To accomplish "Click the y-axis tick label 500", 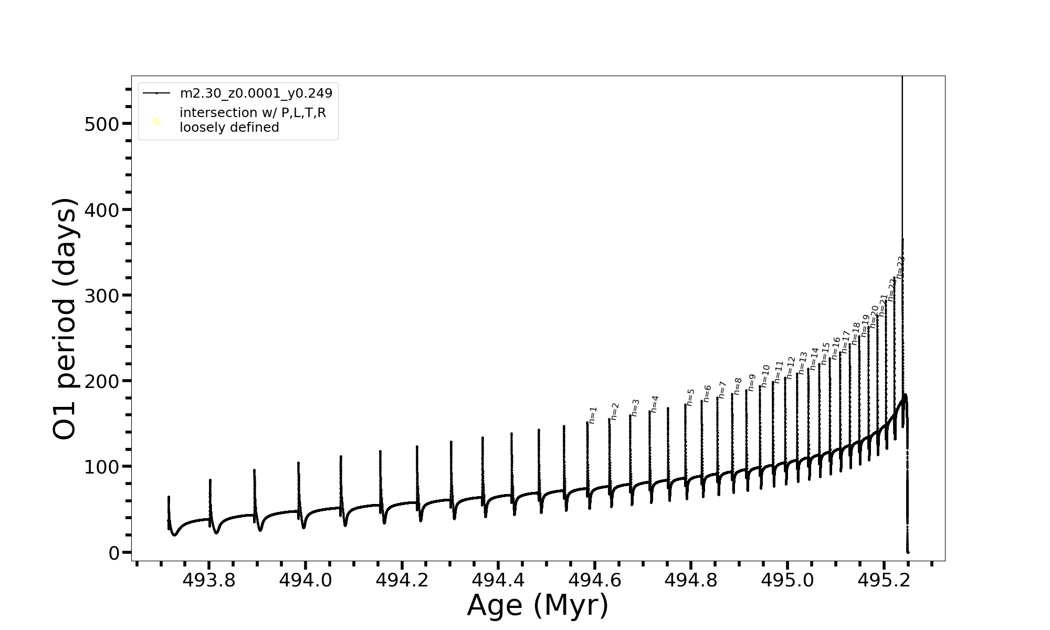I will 102,124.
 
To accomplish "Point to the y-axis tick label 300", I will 102,296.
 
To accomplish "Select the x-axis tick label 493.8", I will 209,580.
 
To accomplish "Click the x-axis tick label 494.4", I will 498,580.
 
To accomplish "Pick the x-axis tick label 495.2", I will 884,580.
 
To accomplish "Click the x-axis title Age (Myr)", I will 538,605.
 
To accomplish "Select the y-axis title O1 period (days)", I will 65,319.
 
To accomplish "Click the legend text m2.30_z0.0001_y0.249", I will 256,93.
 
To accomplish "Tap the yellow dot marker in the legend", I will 156,122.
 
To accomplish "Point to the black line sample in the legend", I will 156,93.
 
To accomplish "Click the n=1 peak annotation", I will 593,415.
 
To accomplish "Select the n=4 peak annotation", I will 654,404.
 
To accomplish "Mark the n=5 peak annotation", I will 690,397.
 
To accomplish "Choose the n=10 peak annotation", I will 765,376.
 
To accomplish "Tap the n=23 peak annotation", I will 900,267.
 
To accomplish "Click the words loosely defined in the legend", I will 229,128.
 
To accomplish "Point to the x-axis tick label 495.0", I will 787,580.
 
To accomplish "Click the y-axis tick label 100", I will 102,467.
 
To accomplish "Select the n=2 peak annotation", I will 615,411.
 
